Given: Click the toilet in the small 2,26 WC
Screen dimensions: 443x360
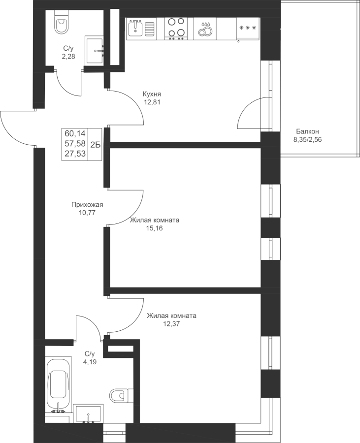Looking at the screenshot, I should coord(62,24).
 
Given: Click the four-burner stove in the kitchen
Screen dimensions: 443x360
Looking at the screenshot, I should coord(176,28).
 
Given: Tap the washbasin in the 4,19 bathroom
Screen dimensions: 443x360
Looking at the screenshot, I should coord(88,414).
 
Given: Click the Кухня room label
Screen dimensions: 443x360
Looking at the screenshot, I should coord(152,94).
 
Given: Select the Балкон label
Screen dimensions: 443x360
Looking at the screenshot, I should coord(307,131).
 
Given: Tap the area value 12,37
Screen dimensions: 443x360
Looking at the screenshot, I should coord(171,324).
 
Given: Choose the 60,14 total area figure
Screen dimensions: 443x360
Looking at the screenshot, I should coord(74,133).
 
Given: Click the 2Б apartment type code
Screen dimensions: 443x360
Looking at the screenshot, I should coord(96,144).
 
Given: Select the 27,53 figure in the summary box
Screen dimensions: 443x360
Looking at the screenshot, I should coord(74,154).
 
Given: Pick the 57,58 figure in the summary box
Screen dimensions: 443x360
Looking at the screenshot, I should coord(74,143).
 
